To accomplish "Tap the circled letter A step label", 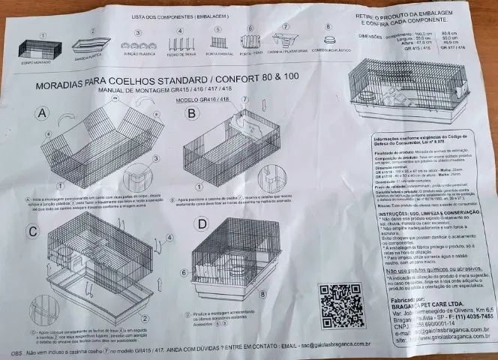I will (44, 113).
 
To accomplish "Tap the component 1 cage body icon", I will (44, 50).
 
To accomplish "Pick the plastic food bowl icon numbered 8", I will (328, 40).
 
